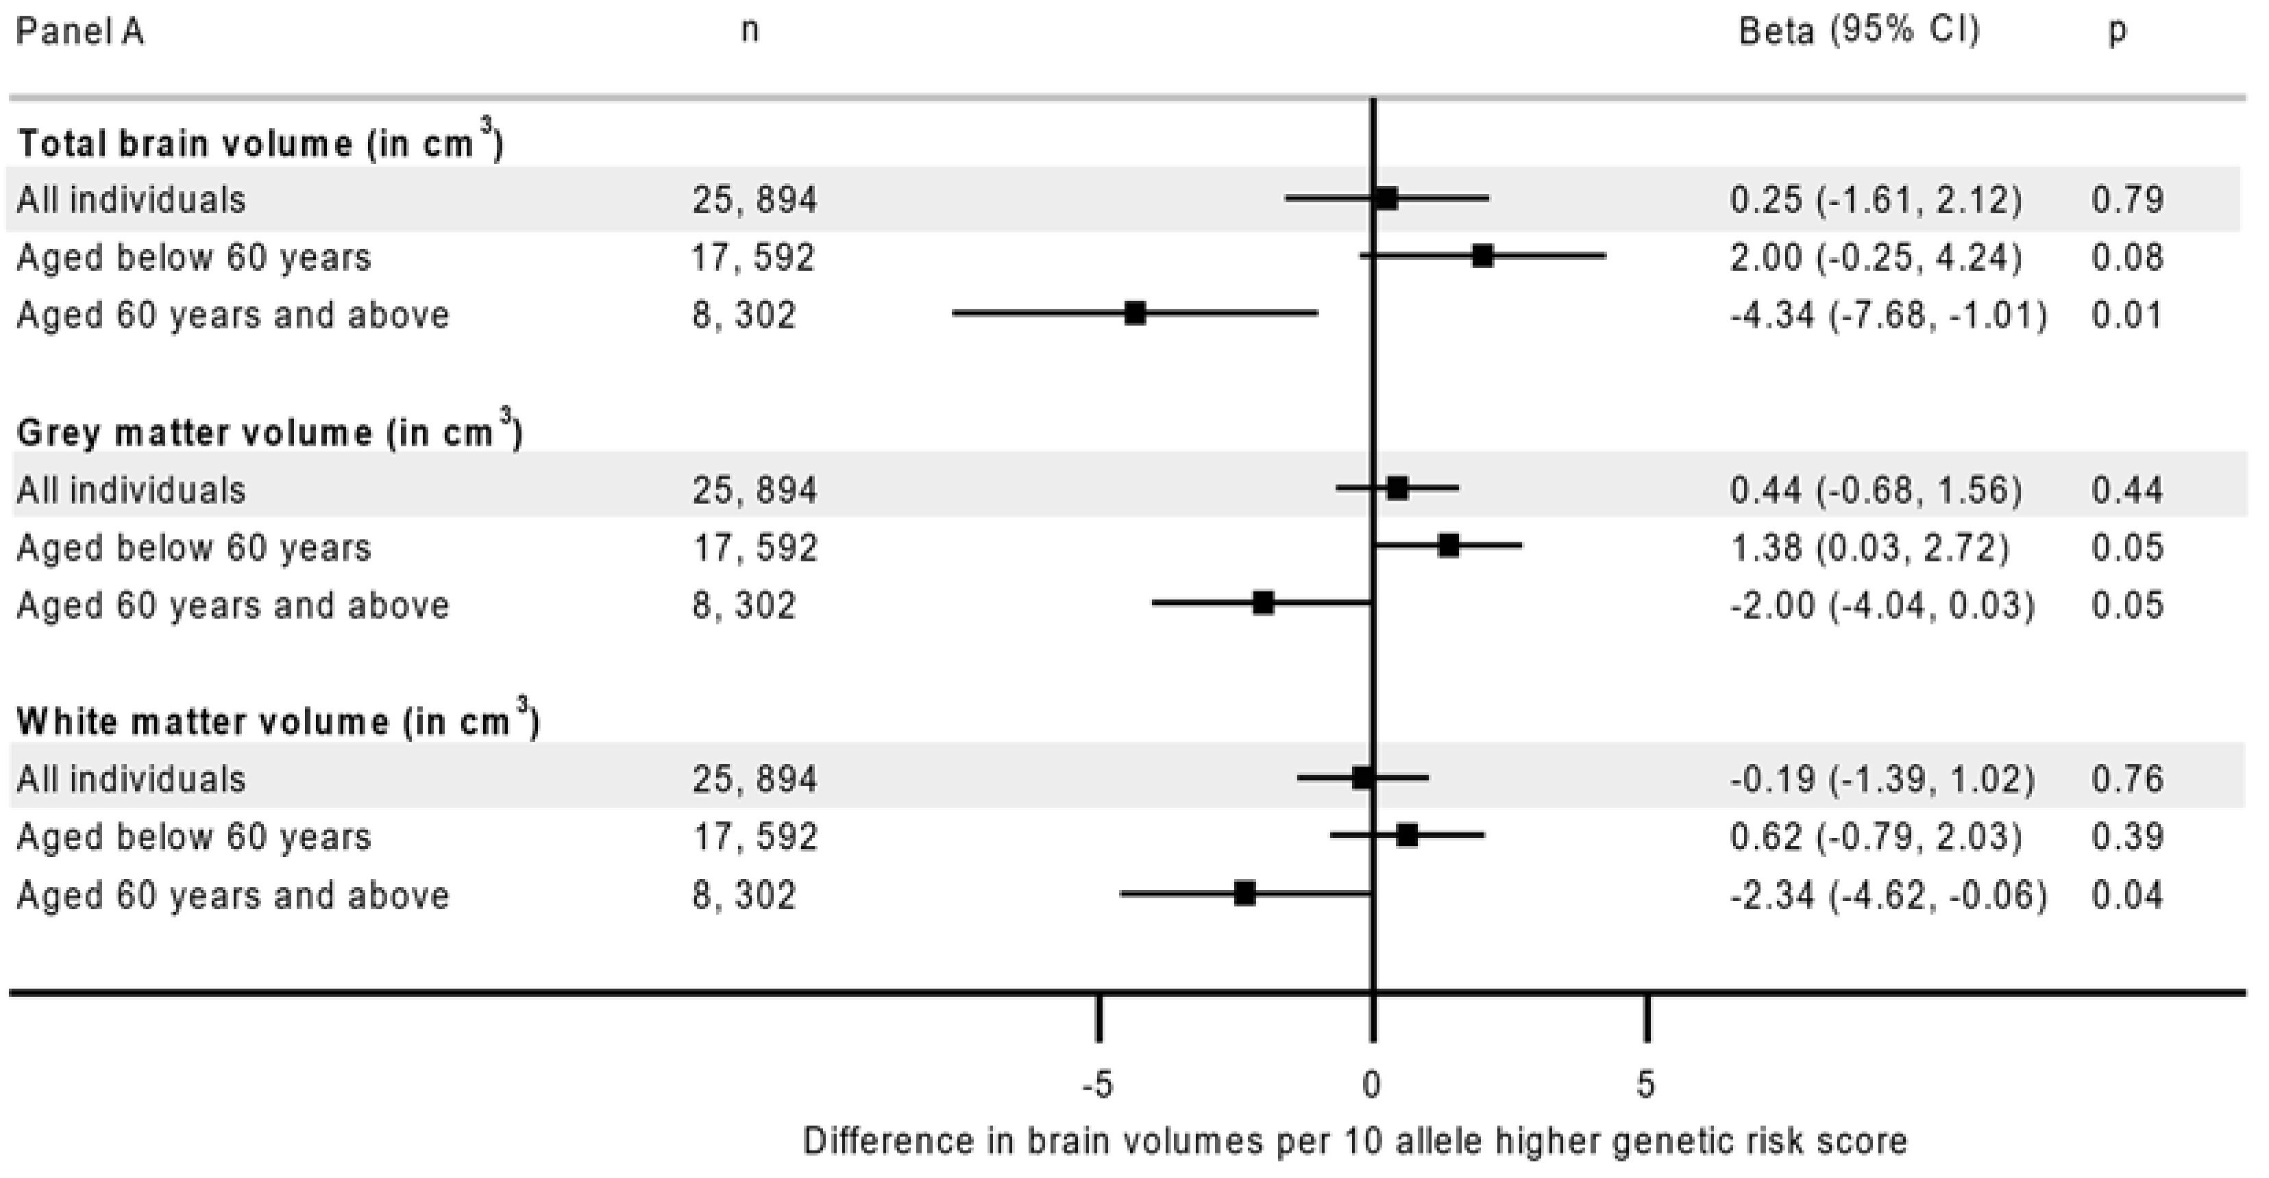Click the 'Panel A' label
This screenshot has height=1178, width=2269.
(x=80, y=34)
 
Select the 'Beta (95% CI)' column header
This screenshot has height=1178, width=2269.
(x=1859, y=32)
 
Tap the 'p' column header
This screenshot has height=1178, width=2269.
(x=2117, y=32)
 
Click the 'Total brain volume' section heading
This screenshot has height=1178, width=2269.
(x=260, y=143)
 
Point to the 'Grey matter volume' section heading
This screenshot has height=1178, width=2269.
(x=269, y=433)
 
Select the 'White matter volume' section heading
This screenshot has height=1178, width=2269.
(x=278, y=721)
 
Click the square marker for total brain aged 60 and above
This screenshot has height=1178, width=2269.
(x=1136, y=313)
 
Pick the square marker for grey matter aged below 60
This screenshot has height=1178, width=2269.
(x=1448, y=546)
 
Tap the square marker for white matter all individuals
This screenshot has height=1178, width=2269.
(x=1362, y=778)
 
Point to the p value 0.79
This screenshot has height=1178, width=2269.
(x=2127, y=200)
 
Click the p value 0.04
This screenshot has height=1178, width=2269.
(x=2127, y=895)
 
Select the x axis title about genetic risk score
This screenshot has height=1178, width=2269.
(x=1355, y=1141)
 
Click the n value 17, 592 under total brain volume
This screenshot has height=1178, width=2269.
(x=754, y=258)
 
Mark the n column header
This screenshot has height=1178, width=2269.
(x=750, y=32)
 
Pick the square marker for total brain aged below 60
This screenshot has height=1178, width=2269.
(x=1482, y=256)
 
